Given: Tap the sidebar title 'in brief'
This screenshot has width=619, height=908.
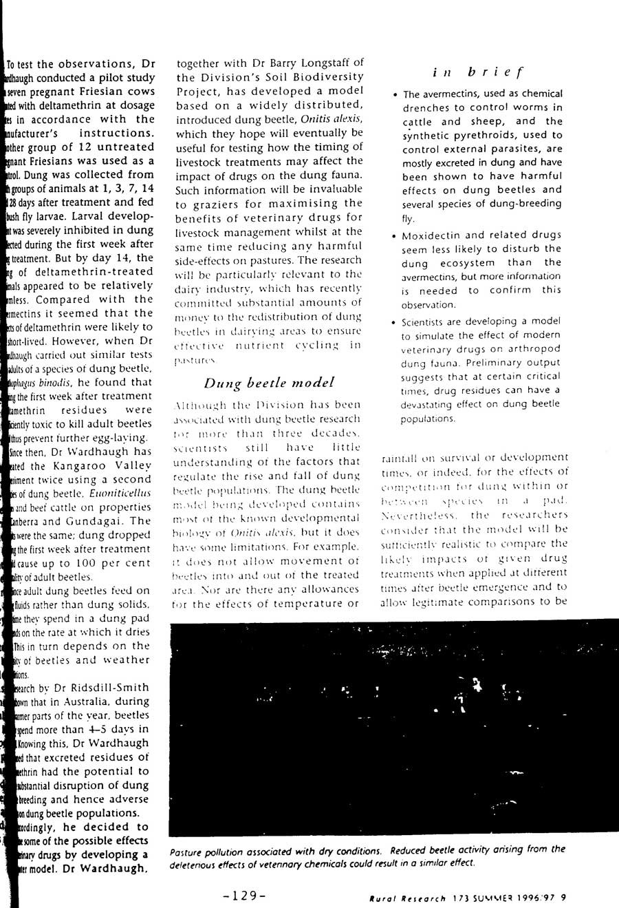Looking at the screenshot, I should pyautogui.click(x=479, y=72).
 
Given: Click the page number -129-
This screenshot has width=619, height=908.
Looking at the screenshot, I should pyautogui.click(x=244, y=896).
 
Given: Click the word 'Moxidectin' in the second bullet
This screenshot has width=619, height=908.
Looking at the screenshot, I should pyautogui.click(x=436, y=235).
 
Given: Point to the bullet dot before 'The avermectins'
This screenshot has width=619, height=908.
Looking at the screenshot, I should pyautogui.click(x=395, y=94).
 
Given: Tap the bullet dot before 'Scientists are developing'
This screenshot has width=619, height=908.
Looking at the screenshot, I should pyautogui.click(x=395, y=321).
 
